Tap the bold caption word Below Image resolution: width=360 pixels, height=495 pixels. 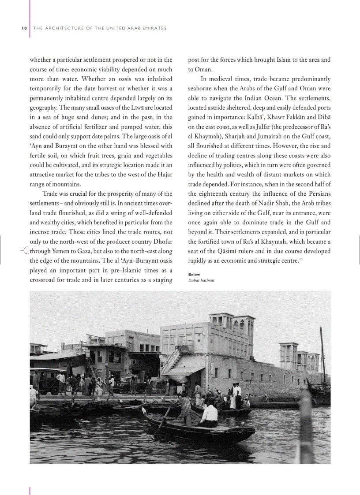click(194, 274)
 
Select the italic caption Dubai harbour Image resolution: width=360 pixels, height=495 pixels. click(201, 280)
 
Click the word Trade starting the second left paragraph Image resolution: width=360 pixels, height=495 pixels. click(51, 194)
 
